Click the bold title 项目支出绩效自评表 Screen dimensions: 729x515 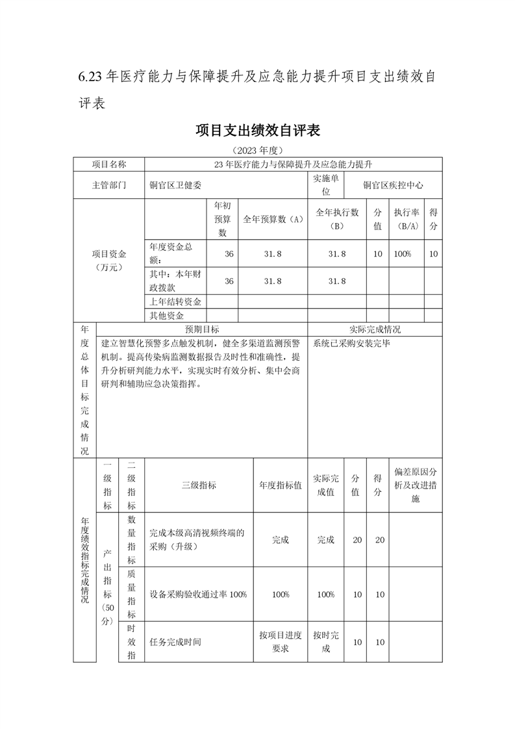point(258,131)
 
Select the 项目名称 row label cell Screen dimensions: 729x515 point(108,164)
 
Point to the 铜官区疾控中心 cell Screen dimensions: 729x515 point(394,185)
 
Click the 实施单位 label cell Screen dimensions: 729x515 point(326,185)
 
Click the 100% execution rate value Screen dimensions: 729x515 point(403,254)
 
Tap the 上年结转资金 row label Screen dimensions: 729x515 point(175,301)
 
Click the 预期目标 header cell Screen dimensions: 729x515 point(202,329)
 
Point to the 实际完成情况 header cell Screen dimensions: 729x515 point(375,329)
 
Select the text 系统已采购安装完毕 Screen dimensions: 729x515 point(351,342)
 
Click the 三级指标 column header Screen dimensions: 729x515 point(199,485)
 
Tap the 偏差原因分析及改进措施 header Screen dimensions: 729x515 point(416,485)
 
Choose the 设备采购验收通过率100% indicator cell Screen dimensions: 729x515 point(198,595)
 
